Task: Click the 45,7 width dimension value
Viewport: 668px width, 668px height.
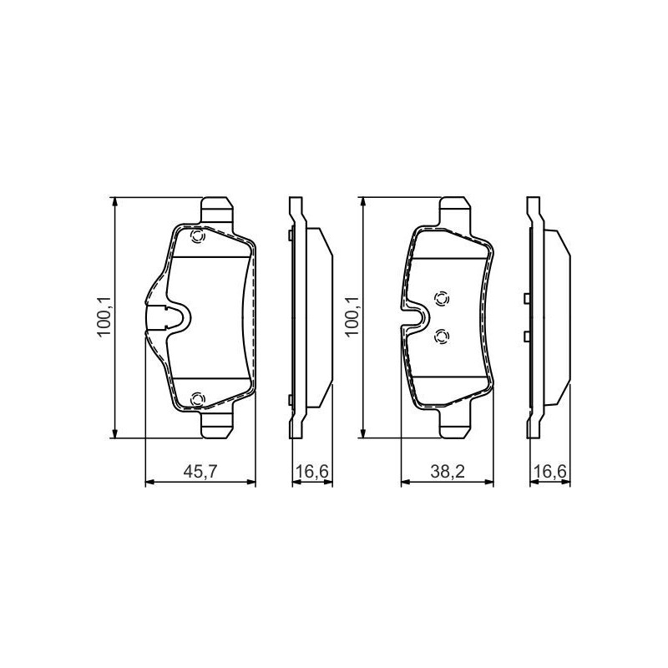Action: coord(200,472)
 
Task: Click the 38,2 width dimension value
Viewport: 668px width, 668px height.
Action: coord(448,472)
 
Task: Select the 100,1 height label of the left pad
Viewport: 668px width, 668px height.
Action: coord(104,317)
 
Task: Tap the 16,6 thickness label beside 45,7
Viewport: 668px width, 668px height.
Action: coord(312,472)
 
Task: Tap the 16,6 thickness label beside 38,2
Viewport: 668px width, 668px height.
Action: coord(550,472)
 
